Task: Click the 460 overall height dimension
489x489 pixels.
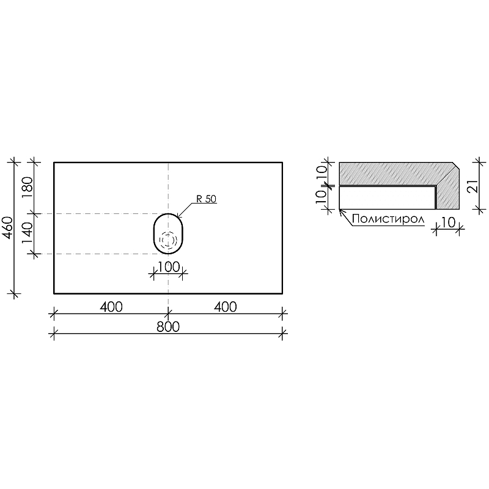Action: [x=9, y=227]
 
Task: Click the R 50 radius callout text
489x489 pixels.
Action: [x=206, y=199]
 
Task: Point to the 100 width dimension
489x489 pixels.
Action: [x=169, y=267]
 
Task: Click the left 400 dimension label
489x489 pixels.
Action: [x=111, y=307]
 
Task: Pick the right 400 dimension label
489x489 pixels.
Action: [x=225, y=307]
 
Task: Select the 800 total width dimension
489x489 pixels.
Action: [x=168, y=327]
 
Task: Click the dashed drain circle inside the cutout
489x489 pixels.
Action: [x=168, y=240]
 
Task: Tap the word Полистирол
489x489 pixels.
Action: [x=388, y=219]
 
